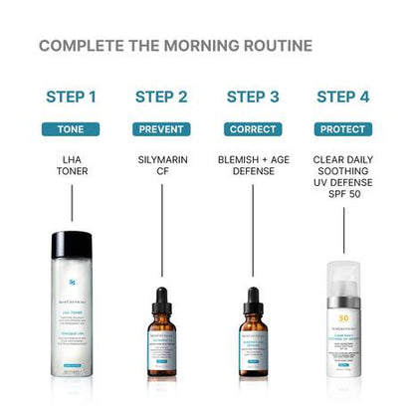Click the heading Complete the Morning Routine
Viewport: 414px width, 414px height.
174,46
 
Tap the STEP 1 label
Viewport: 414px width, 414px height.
72,97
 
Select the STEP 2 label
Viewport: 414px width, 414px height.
161,97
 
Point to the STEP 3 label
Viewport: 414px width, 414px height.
253,97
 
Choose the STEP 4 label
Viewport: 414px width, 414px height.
343,97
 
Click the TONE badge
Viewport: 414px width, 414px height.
72,129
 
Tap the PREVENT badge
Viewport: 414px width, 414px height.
161,129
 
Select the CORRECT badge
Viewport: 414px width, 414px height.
253,129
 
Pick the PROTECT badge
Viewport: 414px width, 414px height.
343,129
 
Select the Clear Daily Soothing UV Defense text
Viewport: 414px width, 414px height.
343,174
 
